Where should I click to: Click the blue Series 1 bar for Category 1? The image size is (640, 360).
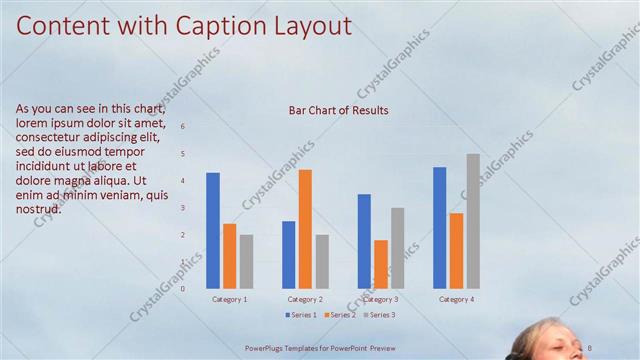[x=213, y=230]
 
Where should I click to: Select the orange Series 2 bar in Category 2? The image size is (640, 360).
[x=305, y=229]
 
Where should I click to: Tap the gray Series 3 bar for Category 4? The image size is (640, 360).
[x=473, y=221]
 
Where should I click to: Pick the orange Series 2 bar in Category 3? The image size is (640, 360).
[x=381, y=264]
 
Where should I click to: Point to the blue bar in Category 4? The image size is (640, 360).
[x=440, y=227]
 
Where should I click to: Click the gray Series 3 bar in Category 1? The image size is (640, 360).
[x=246, y=261]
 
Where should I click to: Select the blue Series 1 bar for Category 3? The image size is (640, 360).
[x=364, y=241]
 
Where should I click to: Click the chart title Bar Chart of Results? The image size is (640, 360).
[x=338, y=111]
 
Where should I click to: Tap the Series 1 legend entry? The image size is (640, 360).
[x=300, y=315]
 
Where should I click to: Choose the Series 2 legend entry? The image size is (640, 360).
[x=338, y=315]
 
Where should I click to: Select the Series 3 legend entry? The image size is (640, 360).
[x=378, y=315]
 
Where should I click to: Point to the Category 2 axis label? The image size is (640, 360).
[x=305, y=299]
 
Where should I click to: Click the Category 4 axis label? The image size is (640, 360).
[x=456, y=299]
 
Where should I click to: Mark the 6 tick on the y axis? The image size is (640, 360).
[x=182, y=126]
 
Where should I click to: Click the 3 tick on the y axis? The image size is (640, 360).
[x=182, y=208]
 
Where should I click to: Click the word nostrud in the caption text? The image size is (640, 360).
[x=39, y=209]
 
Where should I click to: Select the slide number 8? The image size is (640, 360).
[x=590, y=347]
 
